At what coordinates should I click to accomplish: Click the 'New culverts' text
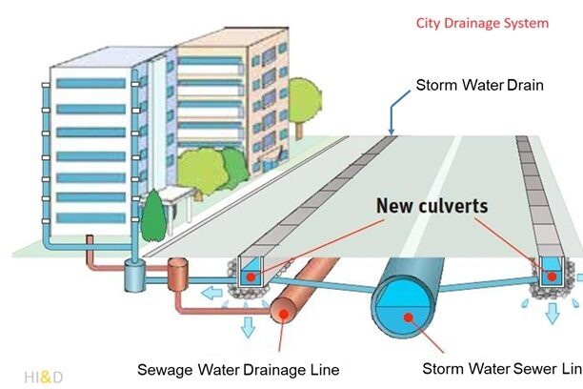click(431, 205)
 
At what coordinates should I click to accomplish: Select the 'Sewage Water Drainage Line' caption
click(237, 369)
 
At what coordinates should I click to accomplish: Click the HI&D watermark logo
click(44, 376)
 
